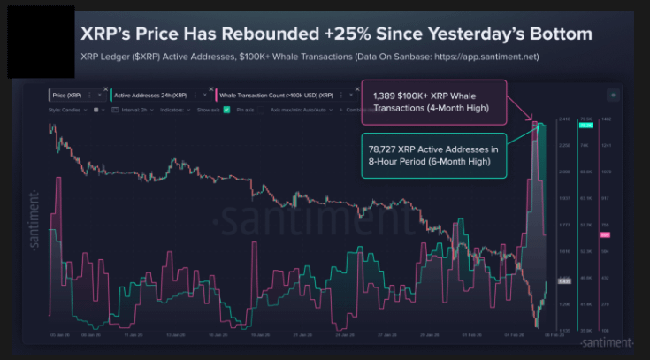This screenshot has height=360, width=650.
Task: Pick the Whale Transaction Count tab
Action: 275,94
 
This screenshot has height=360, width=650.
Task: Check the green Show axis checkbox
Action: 227,109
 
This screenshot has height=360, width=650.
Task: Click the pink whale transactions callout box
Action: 433,102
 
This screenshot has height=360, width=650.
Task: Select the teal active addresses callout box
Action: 433,155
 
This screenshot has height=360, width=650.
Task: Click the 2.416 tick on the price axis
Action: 562,119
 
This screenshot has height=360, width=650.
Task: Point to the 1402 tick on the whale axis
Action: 606,119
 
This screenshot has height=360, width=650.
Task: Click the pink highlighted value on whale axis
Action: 606,234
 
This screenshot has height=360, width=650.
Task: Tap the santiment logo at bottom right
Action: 607,341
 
